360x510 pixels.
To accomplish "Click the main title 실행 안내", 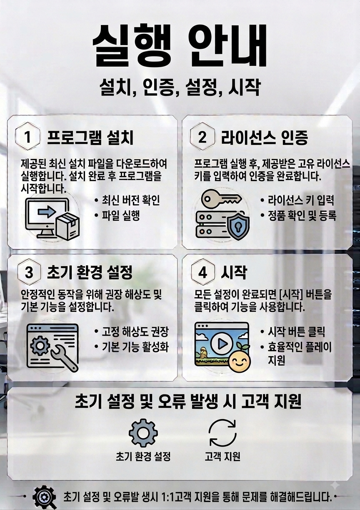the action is pos(180,45).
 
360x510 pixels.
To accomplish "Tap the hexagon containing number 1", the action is pos(27,136).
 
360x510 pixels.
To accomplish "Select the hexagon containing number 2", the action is pos(202,136).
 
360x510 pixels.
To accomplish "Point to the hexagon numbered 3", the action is pos(29,273).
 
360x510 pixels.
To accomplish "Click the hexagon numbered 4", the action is pos(203,273).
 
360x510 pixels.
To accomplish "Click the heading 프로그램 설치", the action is pos(90,138).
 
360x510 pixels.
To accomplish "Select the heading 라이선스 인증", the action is pos(265,138).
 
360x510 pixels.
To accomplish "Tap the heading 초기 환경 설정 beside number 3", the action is pos(90,273).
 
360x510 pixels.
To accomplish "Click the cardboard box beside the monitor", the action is pos(68,226).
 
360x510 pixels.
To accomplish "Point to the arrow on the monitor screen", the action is pos(47,212).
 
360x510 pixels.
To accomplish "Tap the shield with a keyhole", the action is pos(238,226).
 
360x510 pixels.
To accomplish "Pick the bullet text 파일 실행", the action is pos(120,216).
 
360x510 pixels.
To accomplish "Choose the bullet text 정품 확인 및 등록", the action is pos(302,216).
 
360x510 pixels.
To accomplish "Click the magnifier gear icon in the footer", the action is pos(45,497).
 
